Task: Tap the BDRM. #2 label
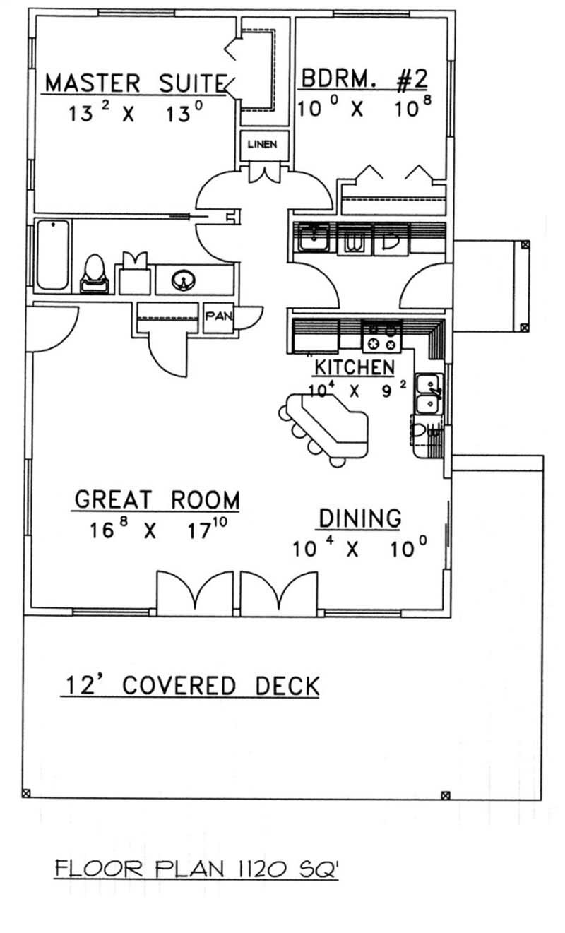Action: tap(364, 79)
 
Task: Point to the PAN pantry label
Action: tap(215, 316)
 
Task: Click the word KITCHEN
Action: tap(354, 367)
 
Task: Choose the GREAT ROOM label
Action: tap(157, 499)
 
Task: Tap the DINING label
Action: tap(359, 518)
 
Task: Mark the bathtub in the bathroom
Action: tap(52, 255)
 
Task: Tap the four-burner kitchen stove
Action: tap(381, 336)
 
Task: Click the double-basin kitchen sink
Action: tap(428, 394)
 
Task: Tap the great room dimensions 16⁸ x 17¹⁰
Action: tap(156, 530)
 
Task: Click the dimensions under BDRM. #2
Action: tap(363, 109)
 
